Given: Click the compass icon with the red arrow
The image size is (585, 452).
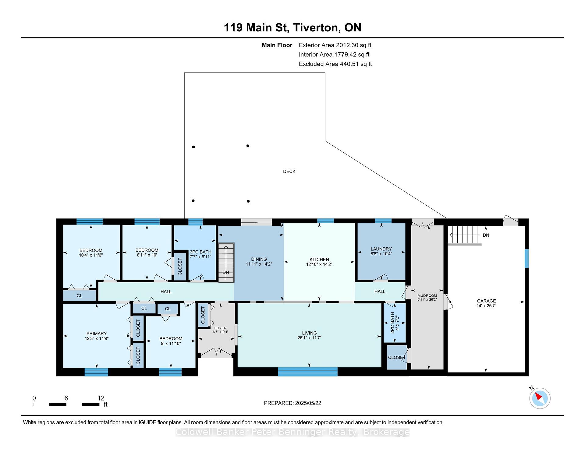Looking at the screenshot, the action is (x=540, y=398).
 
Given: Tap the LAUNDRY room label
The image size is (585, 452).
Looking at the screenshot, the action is (x=381, y=249).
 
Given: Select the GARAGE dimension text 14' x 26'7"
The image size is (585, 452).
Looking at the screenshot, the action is (x=486, y=305).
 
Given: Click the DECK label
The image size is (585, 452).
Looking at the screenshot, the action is (x=289, y=171).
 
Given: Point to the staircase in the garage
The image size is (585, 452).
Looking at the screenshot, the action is (x=465, y=235).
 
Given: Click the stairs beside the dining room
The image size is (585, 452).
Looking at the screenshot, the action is (x=226, y=263).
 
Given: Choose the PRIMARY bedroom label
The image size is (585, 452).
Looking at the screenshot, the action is (x=97, y=334).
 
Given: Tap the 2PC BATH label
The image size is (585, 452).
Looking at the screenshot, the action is (x=392, y=323).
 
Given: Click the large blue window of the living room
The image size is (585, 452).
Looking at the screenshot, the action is (x=308, y=372).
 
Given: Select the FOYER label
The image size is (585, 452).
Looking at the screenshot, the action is (x=220, y=328).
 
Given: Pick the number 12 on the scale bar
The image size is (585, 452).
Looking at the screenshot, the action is (x=101, y=398).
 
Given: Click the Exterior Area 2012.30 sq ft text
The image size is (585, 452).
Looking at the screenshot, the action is (x=335, y=45).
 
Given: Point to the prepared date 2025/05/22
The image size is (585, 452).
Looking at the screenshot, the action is (x=308, y=403).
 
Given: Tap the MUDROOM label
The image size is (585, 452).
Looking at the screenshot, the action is (x=427, y=296).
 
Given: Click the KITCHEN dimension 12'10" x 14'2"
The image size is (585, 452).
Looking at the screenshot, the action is (x=319, y=264).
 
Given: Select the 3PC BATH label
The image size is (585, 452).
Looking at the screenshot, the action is (x=200, y=252).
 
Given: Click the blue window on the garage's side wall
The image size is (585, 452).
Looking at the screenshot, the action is (x=526, y=259).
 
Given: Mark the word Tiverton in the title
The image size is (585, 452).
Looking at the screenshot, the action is (x=317, y=27).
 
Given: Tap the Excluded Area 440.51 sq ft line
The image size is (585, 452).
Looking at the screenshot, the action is (x=335, y=64).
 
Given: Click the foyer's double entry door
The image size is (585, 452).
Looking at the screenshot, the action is (x=216, y=353).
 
